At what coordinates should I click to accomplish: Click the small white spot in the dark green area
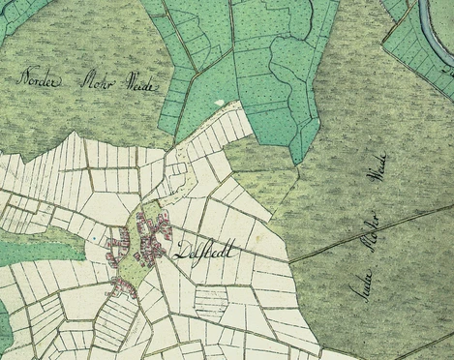point(220,102)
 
